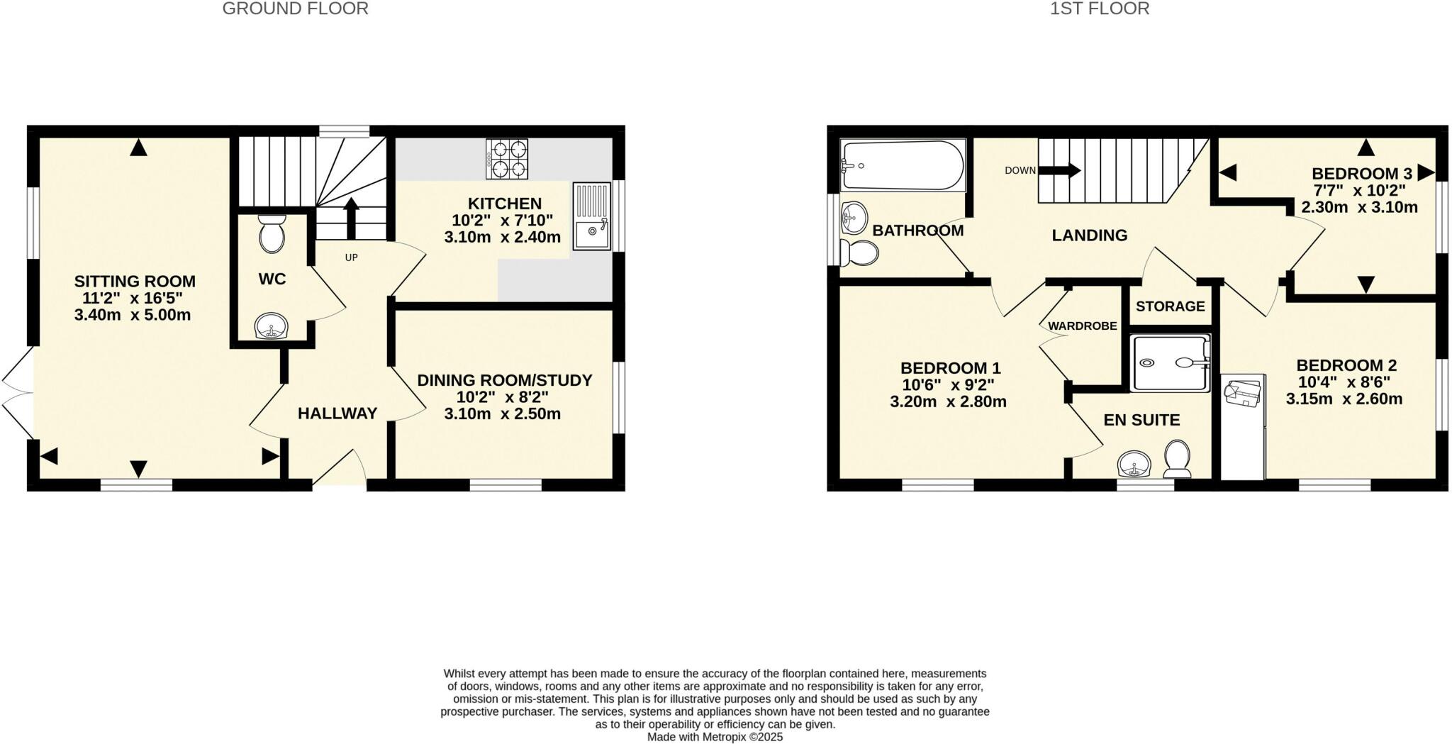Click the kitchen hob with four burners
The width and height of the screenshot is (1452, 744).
[x=507, y=159]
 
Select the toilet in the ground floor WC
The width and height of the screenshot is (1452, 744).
[x=272, y=234]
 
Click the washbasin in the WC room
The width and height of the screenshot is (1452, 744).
[x=271, y=328]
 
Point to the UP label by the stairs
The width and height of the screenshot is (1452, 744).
[x=351, y=257]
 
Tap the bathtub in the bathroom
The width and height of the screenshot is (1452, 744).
[x=902, y=166]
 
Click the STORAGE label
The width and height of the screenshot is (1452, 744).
[x=1170, y=306]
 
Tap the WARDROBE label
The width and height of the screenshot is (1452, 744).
[x=1082, y=326]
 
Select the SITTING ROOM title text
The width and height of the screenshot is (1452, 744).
[x=135, y=282]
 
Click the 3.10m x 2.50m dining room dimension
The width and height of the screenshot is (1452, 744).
[x=502, y=413]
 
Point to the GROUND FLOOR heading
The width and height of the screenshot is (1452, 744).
[x=295, y=9]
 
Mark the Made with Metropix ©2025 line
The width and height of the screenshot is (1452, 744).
[x=715, y=737]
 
